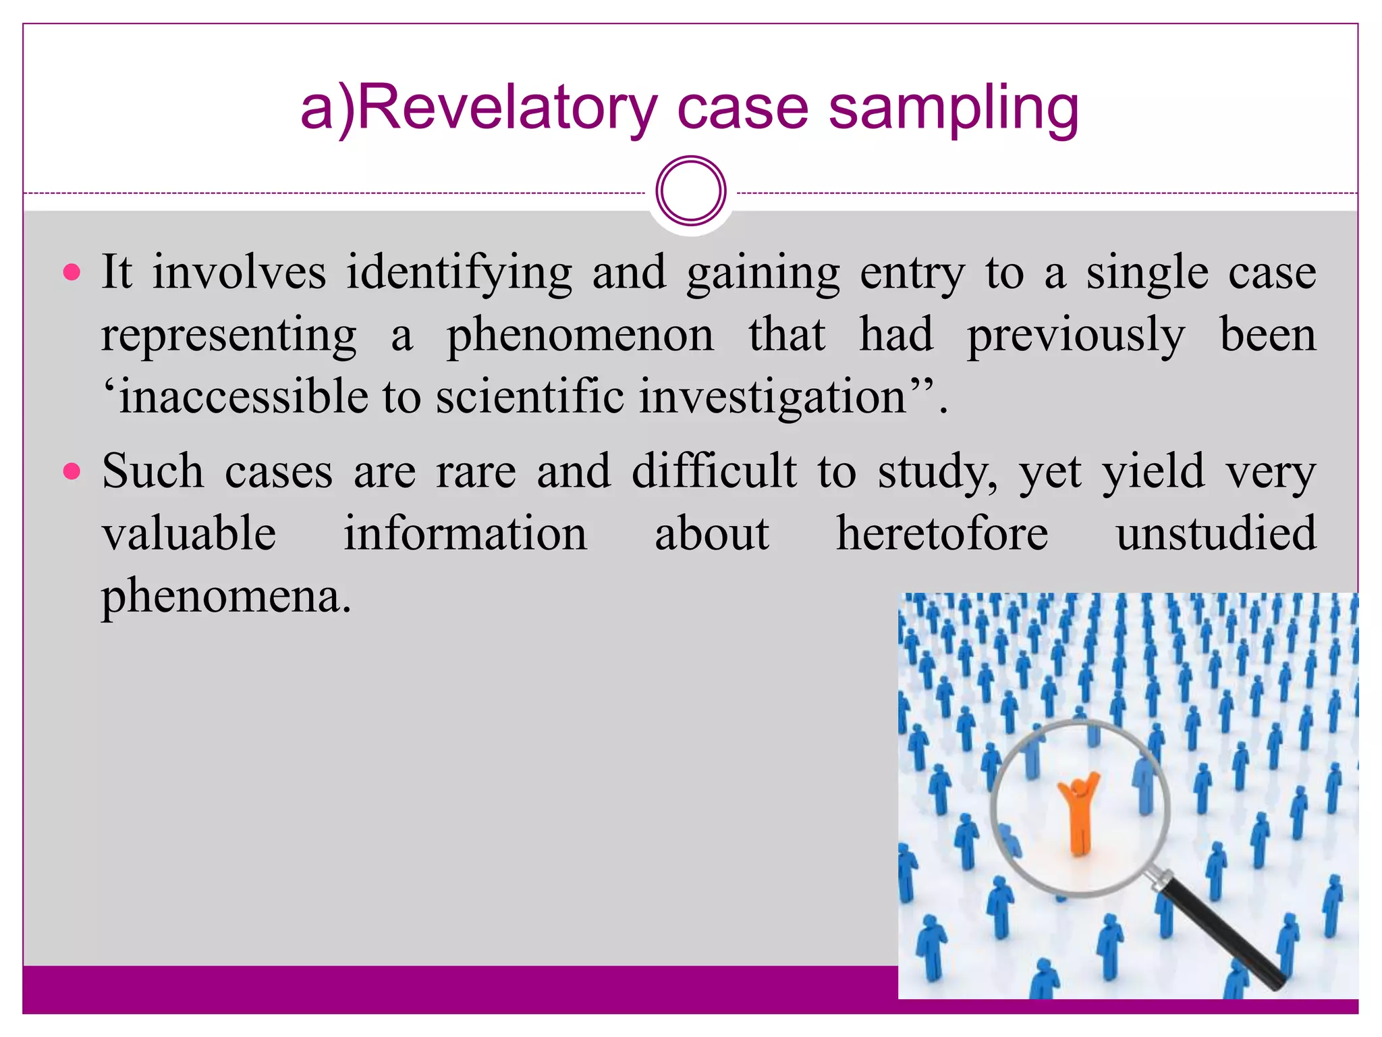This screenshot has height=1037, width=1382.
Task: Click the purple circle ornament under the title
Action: [x=690, y=190]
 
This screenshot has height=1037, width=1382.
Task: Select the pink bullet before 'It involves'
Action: [x=72, y=273]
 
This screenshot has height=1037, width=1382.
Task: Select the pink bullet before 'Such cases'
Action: [x=72, y=471]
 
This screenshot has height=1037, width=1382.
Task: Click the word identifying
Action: [x=459, y=273]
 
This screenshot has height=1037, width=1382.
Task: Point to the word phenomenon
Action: [x=580, y=335]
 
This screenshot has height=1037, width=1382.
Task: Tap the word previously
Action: [x=1076, y=335]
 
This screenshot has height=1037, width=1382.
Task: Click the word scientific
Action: [x=530, y=396]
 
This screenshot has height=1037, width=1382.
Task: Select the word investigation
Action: [x=773, y=396]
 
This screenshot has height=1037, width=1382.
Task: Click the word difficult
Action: [x=714, y=471]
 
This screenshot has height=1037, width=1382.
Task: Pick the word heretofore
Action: [x=942, y=533]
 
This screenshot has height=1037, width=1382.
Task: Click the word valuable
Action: [x=189, y=533]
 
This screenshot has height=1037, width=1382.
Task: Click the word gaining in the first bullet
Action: [x=763, y=273]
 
